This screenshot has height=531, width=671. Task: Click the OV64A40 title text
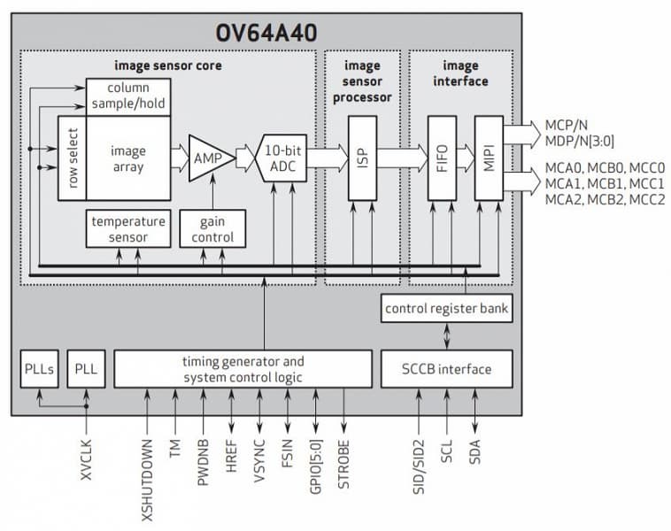pyautogui.click(x=266, y=34)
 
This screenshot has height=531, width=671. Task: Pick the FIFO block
pyautogui.click(x=442, y=158)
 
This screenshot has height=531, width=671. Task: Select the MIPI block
pyautogui.click(x=488, y=158)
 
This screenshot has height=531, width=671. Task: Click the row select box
pyautogui.click(x=72, y=158)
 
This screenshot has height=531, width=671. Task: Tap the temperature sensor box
pyautogui.click(x=128, y=229)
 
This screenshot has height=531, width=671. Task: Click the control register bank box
pyautogui.click(x=445, y=309)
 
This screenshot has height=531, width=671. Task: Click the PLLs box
pyautogui.click(x=39, y=368)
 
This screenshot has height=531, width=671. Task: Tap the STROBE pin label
pyautogui.click(x=343, y=466)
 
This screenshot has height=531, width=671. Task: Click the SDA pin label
pyautogui.click(x=476, y=452)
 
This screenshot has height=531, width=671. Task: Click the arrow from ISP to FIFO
pyautogui.click(x=399, y=158)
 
